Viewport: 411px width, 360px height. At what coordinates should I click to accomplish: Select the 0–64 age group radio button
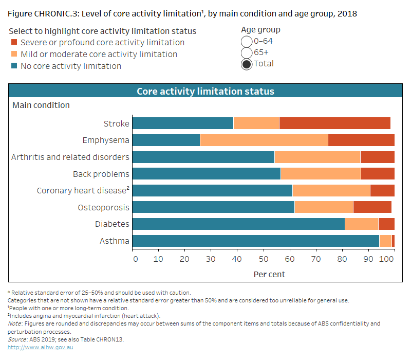[x=247, y=42]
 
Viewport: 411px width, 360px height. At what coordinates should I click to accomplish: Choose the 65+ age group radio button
[x=247, y=53]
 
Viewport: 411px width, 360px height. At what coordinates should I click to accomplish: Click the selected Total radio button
[x=247, y=64]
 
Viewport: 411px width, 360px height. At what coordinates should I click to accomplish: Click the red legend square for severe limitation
[x=14, y=43]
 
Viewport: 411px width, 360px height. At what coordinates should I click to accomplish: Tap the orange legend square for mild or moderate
[x=14, y=55]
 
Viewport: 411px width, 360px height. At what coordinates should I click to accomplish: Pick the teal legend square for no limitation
[x=14, y=66]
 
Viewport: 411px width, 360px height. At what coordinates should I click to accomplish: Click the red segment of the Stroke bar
[x=334, y=123]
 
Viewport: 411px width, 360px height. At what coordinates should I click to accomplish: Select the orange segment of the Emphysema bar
[x=264, y=140]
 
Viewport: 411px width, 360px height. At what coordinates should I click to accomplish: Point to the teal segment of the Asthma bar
[x=255, y=241]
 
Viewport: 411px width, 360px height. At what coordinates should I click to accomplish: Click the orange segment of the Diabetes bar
[x=361, y=224]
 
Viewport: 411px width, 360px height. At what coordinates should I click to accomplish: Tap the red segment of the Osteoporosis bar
[x=372, y=207]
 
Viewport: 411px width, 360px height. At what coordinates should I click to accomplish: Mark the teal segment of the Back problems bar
[x=206, y=174]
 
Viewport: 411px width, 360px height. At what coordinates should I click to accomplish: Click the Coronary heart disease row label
[x=83, y=191]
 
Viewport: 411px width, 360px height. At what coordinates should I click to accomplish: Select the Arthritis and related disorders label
[x=70, y=157]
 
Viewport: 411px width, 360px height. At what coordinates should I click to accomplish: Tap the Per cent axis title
[x=269, y=274]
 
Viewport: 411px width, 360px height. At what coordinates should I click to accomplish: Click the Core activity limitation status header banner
[x=205, y=92]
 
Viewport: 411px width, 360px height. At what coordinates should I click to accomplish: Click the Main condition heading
[x=41, y=105]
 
